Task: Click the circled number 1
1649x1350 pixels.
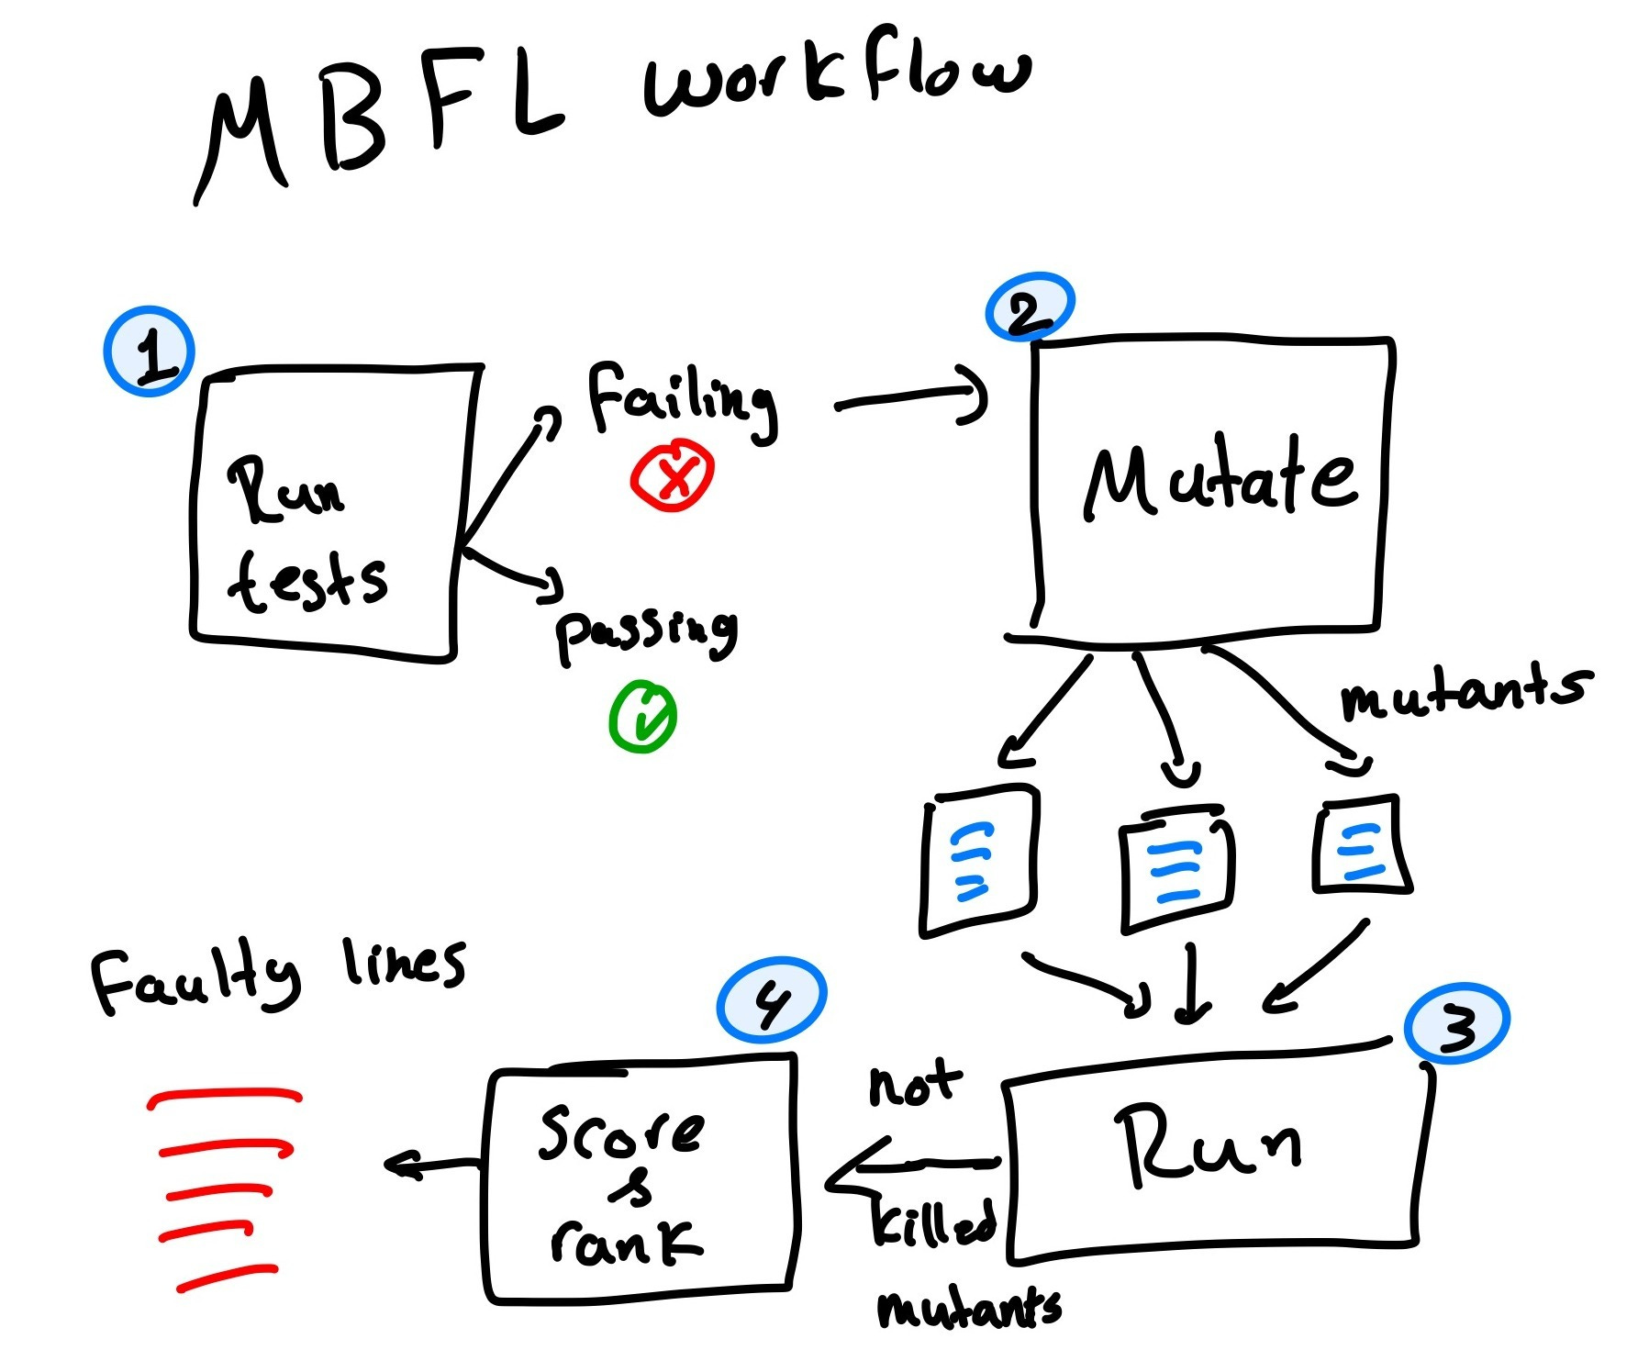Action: coord(149,351)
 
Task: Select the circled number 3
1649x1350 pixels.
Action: coord(1456,1023)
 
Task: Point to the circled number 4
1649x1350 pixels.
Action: coord(771,999)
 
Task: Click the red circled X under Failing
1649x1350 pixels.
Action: coord(672,475)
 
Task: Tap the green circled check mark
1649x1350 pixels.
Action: coord(642,717)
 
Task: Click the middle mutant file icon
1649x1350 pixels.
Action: coord(1175,867)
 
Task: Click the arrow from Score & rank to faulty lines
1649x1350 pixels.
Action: coord(431,1166)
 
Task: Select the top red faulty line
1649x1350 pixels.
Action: coord(225,1096)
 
